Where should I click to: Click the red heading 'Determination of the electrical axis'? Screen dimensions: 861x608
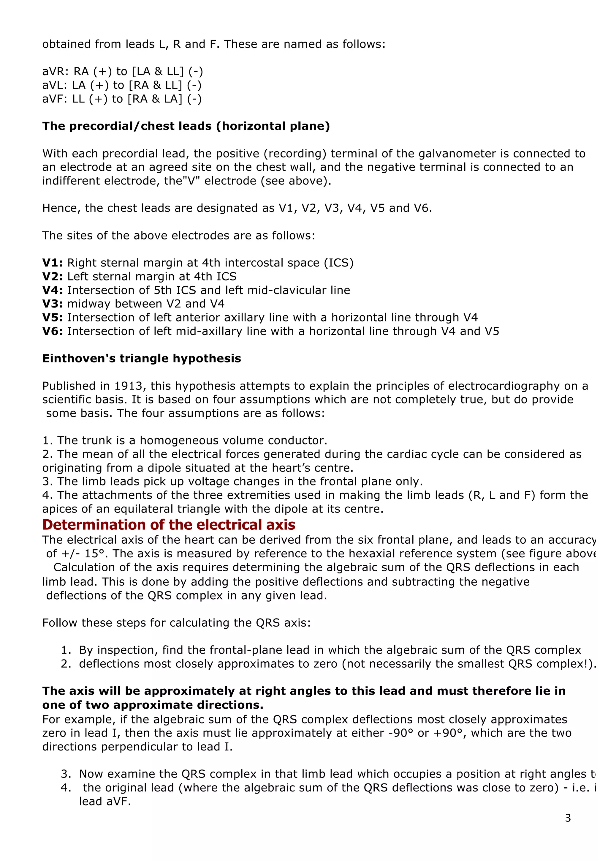coord(169,525)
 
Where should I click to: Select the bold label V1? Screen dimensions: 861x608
coord(53,263)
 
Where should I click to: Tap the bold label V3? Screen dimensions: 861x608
coord(53,304)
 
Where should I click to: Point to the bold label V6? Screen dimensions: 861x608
coord(53,331)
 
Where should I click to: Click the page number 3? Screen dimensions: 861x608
coord(568,818)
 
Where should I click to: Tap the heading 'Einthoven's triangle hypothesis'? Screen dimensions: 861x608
coord(142,359)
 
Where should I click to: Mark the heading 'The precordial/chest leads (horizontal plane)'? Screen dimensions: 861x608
coord(186,126)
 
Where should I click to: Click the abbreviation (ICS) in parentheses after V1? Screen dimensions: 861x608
coord(339,263)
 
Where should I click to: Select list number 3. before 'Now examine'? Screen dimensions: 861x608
coord(66,774)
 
